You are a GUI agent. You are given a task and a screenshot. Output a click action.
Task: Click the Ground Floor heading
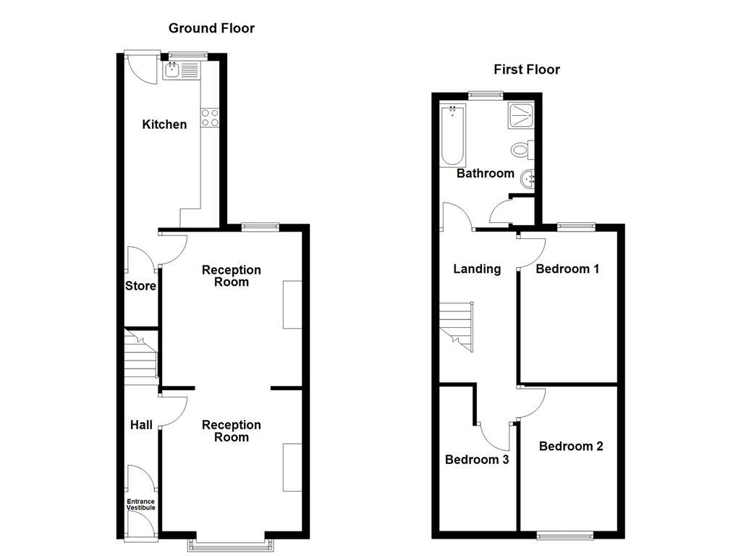(211, 28)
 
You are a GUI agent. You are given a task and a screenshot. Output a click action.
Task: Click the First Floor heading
(527, 69)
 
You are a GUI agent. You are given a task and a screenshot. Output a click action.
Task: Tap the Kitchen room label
(164, 125)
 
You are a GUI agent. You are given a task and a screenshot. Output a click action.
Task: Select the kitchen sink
(173, 70)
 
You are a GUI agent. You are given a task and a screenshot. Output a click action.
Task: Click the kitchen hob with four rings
(210, 118)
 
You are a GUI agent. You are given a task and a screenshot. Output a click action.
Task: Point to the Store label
(140, 286)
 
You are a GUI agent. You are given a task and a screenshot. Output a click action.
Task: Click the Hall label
(141, 424)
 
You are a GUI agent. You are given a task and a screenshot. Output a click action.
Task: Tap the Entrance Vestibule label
(141, 505)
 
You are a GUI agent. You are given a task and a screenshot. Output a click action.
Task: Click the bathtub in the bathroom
(452, 135)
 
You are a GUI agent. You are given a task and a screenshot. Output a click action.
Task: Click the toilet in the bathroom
(521, 150)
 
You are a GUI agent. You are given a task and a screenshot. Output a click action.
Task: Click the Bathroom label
(486, 174)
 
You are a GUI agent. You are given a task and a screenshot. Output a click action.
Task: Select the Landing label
(477, 269)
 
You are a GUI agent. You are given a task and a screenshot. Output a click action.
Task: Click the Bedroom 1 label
(567, 269)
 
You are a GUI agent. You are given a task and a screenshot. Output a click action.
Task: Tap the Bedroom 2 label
(571, 446)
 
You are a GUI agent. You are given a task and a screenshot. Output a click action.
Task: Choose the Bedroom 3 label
(477, 460)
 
